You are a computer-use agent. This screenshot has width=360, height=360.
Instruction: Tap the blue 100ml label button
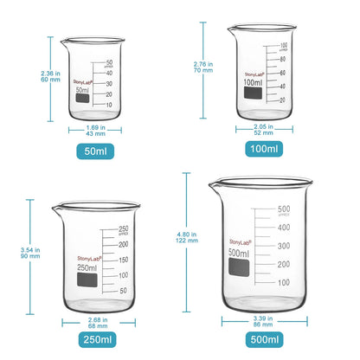click(x=265, y=150)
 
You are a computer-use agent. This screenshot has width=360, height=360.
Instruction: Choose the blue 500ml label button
click(x=265, y=340)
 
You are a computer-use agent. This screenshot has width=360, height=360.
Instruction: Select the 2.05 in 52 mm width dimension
click(x=266, y=130)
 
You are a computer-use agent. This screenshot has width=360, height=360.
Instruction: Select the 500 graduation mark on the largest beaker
click(x=283, y=209)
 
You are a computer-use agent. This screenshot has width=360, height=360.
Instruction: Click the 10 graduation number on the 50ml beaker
click(x=109, y=105)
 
